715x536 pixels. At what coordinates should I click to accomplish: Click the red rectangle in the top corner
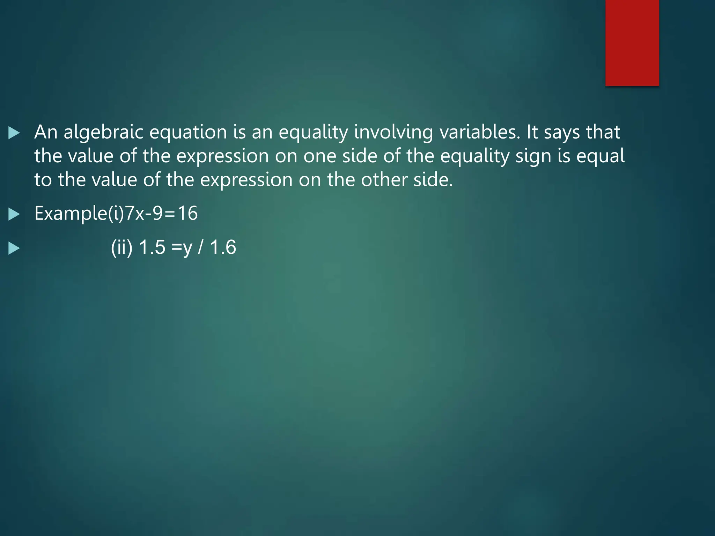[632, 43]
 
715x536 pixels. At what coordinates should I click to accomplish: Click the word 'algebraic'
[103, 133]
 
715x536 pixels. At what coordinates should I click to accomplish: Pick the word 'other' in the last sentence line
[384, 180]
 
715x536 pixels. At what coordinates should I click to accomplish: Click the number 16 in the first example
[188, 214]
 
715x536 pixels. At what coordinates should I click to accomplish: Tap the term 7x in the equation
[134, 214]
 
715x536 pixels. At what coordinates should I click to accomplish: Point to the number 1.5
[152, 247]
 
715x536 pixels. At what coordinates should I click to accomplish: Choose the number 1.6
[223, 247]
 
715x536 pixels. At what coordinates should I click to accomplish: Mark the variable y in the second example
[187, 248]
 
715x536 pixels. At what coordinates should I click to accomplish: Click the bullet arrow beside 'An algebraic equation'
[14, 133]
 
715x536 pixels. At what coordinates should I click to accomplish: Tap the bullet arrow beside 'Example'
[14, 214]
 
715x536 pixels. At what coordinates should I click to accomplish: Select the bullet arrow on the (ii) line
[14, 248]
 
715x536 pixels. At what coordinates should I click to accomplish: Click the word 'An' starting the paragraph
[46, 133]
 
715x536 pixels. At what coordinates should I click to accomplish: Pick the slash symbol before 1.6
[200, 247]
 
